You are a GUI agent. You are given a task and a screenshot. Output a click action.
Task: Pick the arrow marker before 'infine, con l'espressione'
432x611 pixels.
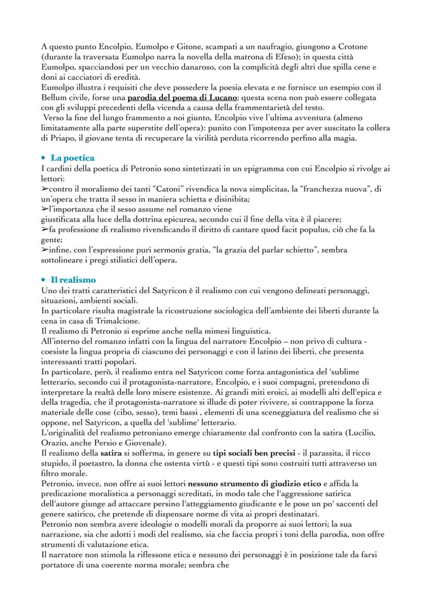click(45, 250)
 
